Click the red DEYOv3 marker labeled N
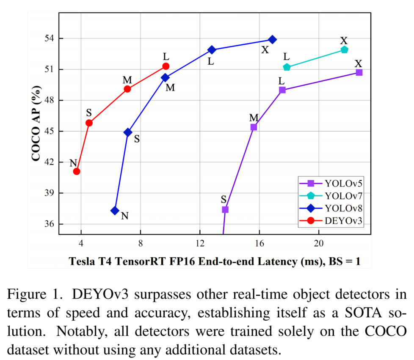(x=77, y=171)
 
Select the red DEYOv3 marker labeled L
(x=166, y=66)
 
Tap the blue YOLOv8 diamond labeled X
(x=273, y=39)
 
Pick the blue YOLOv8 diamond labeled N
(x=115, y=210)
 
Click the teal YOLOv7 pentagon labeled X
(x=344, y=49)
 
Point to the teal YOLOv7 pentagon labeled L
(x=287, y=67)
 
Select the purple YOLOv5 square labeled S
(x=225, y=209)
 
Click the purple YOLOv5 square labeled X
(x=359, y=72)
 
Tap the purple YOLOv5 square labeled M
(x=254, y=127)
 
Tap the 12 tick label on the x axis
(x=200, y=245)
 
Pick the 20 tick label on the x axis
(x=319, y=245)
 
